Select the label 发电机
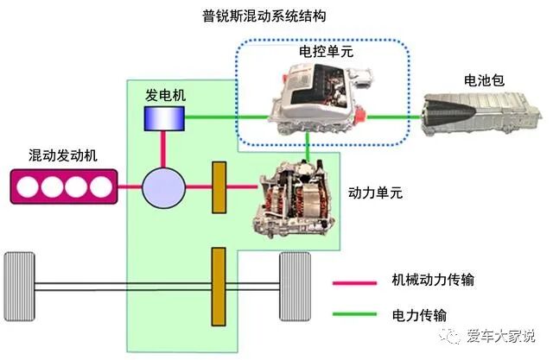coord(163,94)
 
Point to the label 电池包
coord(482,80)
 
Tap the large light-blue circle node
coord(163,186)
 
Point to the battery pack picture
coord(479,117)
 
